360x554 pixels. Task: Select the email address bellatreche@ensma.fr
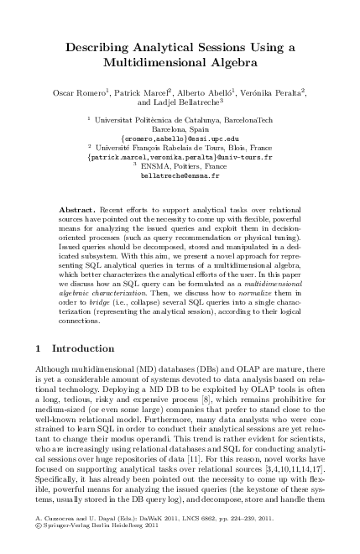tap(180, 177)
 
